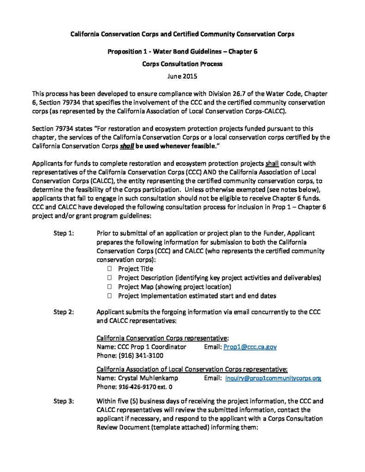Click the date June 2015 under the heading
182,76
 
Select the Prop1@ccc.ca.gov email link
250,347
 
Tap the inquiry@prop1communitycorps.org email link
273,378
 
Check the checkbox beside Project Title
110,269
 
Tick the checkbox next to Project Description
110,277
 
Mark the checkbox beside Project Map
110,287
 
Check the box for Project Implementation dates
110,295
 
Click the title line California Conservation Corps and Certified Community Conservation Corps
182,34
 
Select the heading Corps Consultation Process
182,64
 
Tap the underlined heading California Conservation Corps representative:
163,338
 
